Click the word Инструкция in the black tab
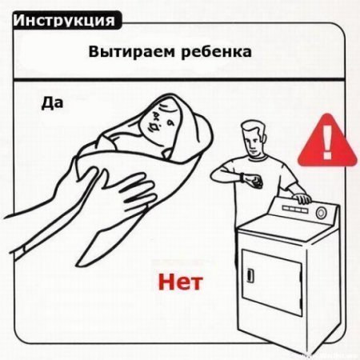64,20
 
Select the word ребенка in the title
216,52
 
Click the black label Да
52,103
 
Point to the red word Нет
181,282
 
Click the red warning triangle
327,142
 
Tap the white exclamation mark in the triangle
327,142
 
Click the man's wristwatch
242,178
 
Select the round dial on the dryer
321,213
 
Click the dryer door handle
250,275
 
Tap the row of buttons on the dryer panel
295,210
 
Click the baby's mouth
155,127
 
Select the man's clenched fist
254,182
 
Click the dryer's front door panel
272,282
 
